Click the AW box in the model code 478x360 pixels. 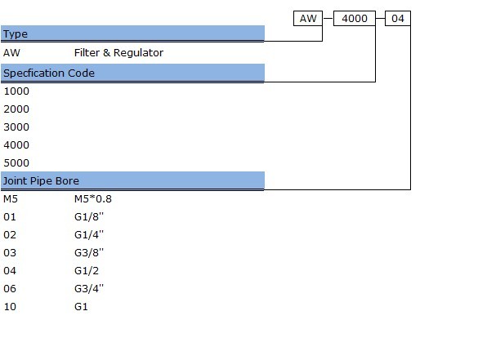(x=308, y=19)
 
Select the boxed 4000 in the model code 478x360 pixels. (x=355, y=19)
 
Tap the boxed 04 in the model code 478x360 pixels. (x=398, y=19)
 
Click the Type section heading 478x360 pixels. (x=16, y=33)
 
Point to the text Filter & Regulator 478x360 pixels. (x=118, y=53)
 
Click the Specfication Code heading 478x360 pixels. (x=49, y=73)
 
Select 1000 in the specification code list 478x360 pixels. (x=16, y=91)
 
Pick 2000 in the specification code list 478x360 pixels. (x=16, y=109)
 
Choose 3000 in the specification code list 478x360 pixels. (x=16, y=127)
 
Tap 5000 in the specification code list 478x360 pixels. (x=16, y=163)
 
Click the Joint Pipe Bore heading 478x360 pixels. (x=41, y=181)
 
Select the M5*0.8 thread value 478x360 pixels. (x=93, y=199)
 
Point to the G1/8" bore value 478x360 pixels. (x=89, y=217)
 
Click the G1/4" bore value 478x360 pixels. (x=89, y=235)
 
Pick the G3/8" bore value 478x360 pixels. (x=89, y=253)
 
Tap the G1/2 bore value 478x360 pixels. (x=87, y=271)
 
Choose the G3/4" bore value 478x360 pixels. (x=89, y=289)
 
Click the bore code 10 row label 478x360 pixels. (x=10, y=306)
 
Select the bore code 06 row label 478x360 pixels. (x=10, y=288)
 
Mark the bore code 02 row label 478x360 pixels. (x=10, y=235)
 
